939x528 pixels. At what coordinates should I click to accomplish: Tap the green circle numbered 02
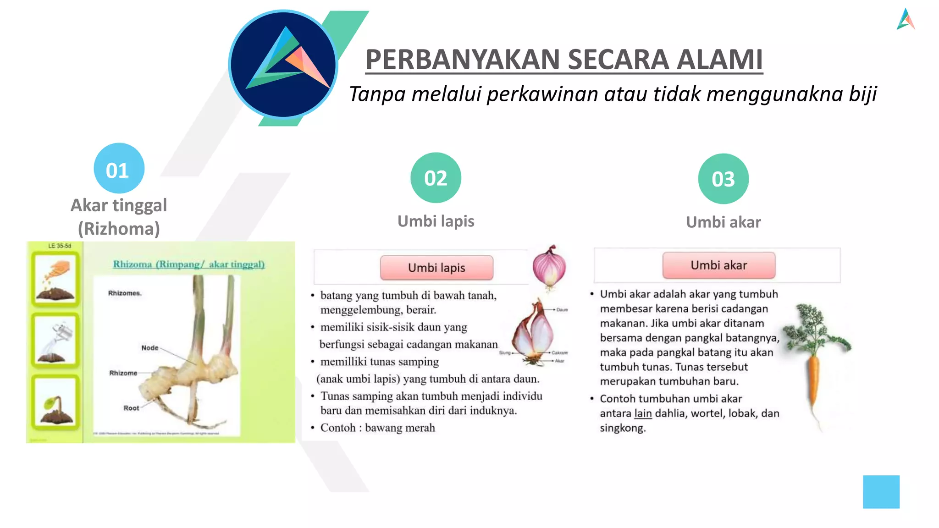(x=436, y=178)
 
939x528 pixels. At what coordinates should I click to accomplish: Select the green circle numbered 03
(x=723, y=179)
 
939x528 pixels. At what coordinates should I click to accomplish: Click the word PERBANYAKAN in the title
(x=463, y=60)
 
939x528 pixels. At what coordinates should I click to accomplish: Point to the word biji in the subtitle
(x=862, y=94)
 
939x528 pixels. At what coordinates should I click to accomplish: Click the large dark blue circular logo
(x=283, y=65)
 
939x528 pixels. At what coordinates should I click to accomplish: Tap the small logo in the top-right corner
(x=906, y=19)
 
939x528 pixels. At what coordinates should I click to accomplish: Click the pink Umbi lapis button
(x=436, y=268)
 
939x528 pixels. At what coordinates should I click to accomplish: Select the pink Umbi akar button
(x=718, y=265)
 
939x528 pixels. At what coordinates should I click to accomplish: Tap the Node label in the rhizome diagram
(x=150, y=348)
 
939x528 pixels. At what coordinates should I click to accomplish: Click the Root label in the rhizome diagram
(x=131, y=408)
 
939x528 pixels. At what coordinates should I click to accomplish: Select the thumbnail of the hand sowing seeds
(x=55, y=278)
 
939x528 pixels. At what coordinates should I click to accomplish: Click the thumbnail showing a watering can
(x=55, y=341)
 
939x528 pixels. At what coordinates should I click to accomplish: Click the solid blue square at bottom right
(x=881, y=492)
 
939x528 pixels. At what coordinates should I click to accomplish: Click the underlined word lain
(x=643, y=413)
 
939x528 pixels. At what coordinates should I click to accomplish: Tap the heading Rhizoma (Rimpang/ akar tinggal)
(x=188, y=264)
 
